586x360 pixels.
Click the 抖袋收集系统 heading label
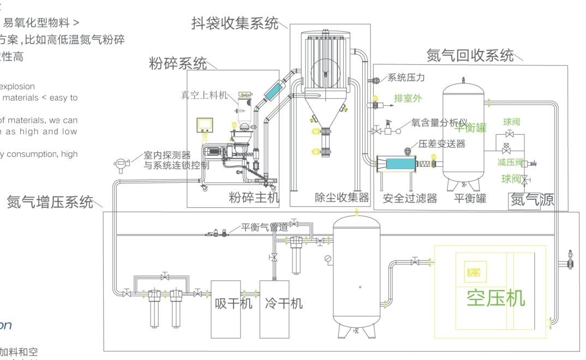235,23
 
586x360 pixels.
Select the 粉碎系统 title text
178,63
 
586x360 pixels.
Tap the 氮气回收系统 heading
470,55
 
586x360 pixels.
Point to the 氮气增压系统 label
50,202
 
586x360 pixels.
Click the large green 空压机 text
495,298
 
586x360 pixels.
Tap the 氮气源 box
531,200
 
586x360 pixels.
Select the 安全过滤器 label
410,198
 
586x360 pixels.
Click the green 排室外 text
408,99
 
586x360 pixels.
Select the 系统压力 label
406,78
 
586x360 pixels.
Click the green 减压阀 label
510,162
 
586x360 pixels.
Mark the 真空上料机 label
204,95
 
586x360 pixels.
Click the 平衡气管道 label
265,227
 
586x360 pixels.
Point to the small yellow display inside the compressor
471,271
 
